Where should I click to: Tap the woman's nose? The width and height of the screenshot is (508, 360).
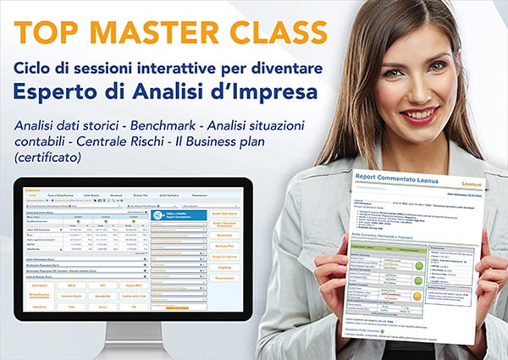pos(428,84)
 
